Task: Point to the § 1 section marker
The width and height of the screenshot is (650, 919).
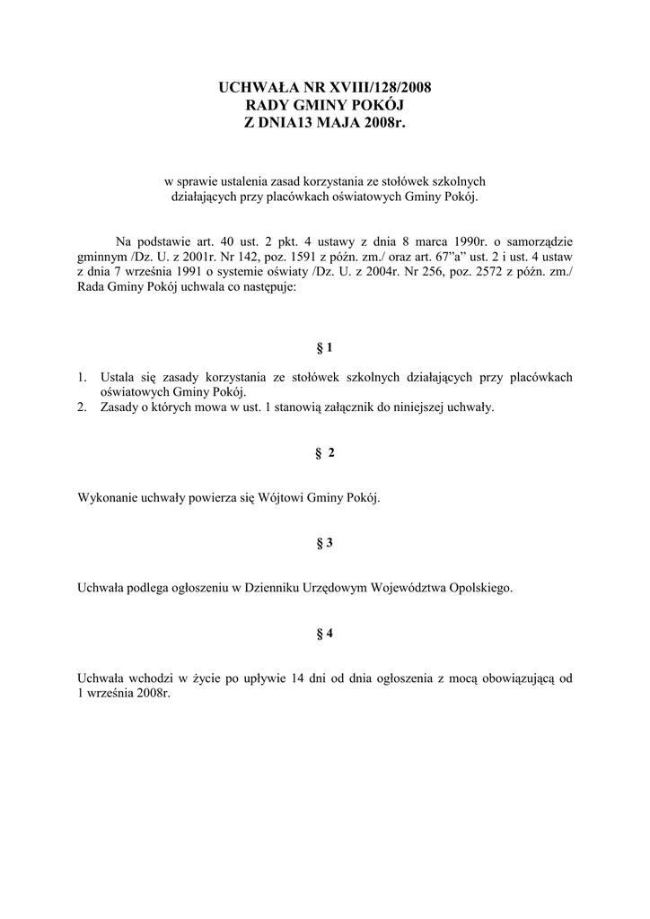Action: [325, 346]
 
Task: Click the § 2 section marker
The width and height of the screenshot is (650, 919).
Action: [325, 453]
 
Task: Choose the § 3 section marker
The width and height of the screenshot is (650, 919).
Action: [325, 543]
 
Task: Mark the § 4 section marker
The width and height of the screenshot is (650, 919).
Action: [325, 634]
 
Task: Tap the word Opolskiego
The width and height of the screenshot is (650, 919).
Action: [479, 588]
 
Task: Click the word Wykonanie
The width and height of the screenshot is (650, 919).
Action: [107, 498]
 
